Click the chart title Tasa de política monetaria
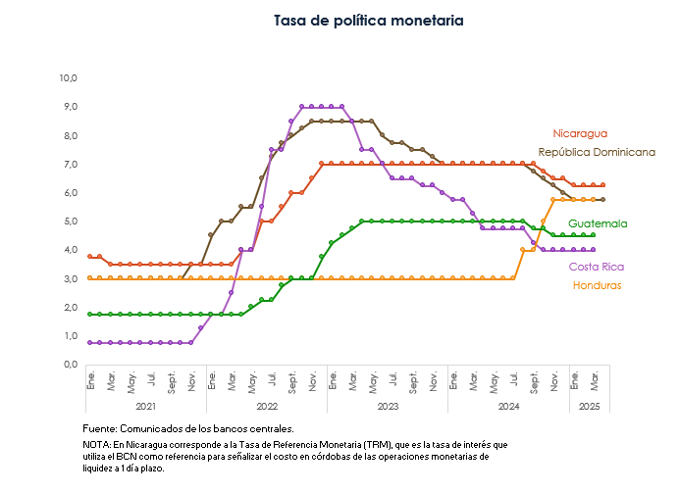coord(368,20)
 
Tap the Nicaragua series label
coord(580,133)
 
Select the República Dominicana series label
coord(597,153)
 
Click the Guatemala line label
coord(598,223)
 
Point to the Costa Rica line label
coord(597,267)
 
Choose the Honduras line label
coord(596,285)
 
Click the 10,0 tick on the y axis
coord(69,77)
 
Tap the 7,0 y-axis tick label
coord(70,164)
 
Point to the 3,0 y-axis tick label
coord(70,278)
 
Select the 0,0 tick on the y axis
coord(70,365)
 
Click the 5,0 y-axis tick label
coord(70,221)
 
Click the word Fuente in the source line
coord(100,429)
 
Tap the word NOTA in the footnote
coord(96,445)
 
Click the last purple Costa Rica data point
coord(593,250)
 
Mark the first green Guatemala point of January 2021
coord(90,315)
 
